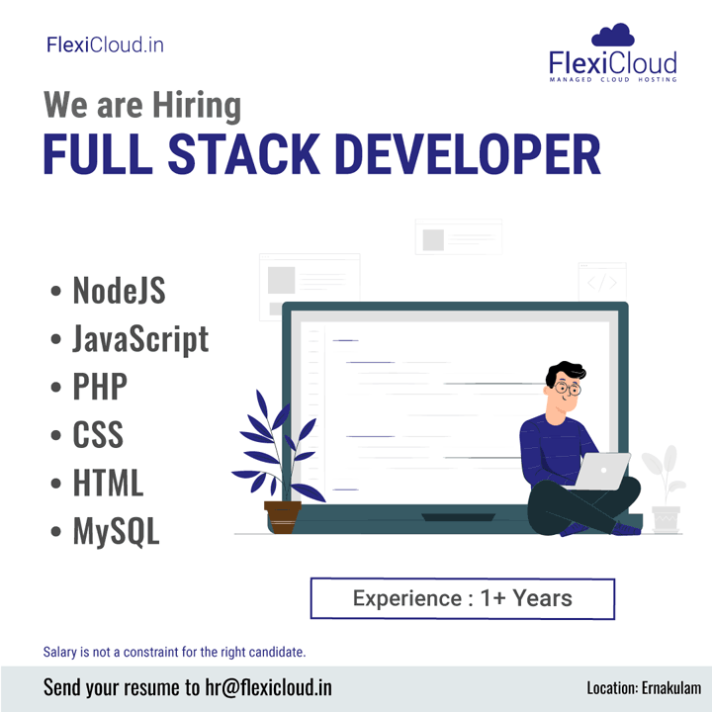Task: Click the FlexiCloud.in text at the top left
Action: click(105, 44)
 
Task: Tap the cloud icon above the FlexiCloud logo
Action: click(612, 35)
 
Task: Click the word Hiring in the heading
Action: click(197, 106)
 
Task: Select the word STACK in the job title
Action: click(244, 154)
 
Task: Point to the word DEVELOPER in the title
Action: click(468, 154)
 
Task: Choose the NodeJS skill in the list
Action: click(119, 290)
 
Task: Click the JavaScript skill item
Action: click(140, 339)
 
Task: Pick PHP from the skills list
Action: click(100, 387)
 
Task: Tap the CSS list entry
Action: click(98, 434)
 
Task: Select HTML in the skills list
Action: click(108, 483)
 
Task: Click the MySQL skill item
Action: click(117, 531)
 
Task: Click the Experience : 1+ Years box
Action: click(463, 598)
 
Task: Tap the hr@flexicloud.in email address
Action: click(268, 687)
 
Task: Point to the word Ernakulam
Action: click(671, 688)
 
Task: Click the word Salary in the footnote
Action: click(60, 652)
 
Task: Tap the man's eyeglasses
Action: click(568, 389)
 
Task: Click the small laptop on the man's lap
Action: click(601, 472)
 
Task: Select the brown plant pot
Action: click(283, 517)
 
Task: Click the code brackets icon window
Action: click(602, 282)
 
